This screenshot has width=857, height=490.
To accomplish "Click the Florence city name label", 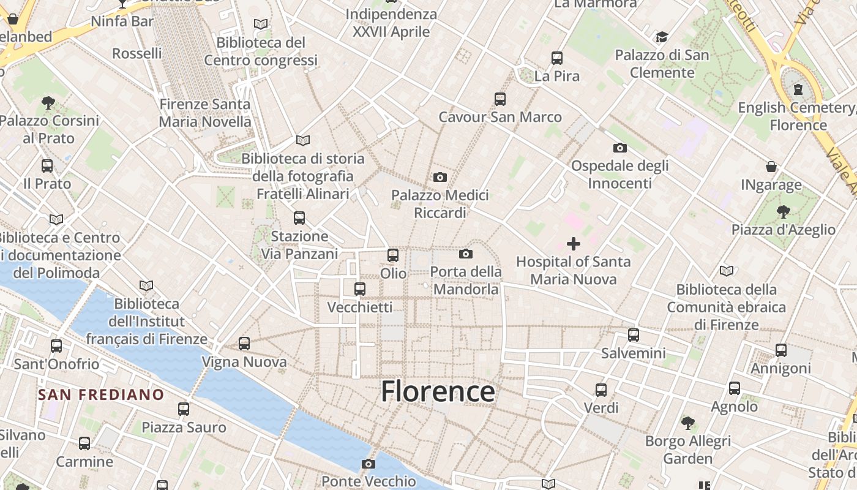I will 438,391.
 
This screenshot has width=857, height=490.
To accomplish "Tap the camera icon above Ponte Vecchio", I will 368,464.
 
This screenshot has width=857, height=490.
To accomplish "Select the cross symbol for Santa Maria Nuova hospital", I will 573,244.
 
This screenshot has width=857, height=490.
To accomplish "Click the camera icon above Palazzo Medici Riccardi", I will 440,178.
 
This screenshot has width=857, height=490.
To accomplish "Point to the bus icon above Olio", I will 393,255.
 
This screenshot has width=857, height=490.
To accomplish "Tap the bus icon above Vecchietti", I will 360,288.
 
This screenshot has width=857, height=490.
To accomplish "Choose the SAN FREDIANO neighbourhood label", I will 101,394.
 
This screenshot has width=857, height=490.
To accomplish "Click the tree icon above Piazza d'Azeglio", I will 782,212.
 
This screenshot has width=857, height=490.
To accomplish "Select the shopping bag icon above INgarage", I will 771,167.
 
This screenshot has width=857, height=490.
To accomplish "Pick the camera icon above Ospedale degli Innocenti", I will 619,148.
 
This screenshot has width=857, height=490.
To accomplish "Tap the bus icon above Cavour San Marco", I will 500,99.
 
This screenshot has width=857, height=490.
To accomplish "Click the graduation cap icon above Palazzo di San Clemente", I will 662,37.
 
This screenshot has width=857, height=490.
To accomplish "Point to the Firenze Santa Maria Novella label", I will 205,113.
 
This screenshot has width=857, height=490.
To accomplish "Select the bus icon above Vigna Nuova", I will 244,344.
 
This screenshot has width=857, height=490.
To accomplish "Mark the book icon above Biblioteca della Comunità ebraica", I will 727,271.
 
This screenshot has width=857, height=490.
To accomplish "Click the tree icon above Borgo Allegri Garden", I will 688,423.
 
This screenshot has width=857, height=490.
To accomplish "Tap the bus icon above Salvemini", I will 634,335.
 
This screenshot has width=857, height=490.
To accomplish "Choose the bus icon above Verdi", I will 601,390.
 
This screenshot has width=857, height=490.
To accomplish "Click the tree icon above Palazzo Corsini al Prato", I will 48,102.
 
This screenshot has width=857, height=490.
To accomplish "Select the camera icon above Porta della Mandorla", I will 466,254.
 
